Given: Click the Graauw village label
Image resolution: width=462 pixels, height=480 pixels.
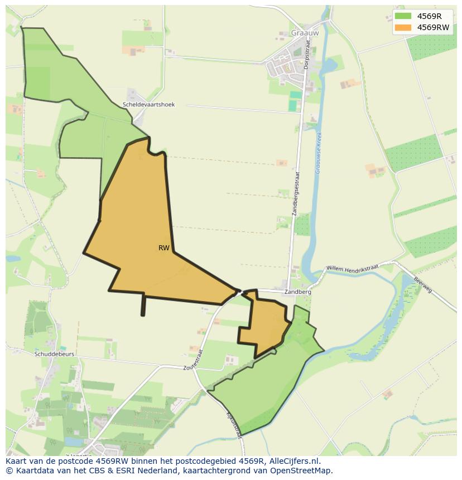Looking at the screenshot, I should point(304,33).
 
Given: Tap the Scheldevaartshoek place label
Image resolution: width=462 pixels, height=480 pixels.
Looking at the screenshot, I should point(148,104).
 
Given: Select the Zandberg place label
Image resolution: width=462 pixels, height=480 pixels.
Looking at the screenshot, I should point(297,292).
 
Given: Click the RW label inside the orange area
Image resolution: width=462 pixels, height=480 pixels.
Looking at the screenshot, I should point(163,248).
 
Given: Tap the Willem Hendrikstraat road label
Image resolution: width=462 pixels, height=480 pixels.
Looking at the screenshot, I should point(352,268).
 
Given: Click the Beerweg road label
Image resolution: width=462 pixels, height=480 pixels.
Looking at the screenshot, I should point(423,285).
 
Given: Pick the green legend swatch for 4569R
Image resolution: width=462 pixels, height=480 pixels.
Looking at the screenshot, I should point(402,16).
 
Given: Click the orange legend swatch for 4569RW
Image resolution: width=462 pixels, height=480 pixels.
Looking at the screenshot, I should point(402,27).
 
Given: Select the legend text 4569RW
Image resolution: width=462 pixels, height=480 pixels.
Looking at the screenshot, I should point(433,27).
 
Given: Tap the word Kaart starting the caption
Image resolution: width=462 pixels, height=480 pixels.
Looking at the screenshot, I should point(17,461).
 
